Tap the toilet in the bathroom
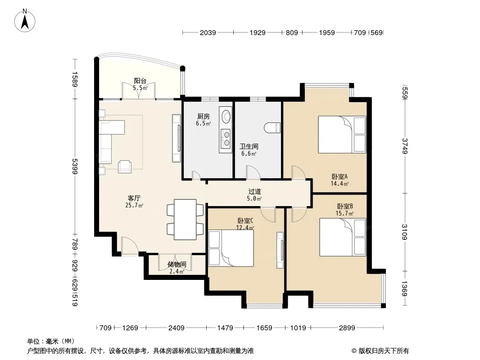click(x=272, y=128)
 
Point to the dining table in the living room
click(x=185, y=219)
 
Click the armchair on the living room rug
click(x=125, y=166)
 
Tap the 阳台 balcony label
click(x=140, y=81)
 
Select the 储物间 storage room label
click(x=177, y=264)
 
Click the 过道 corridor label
click(x=254, y=191)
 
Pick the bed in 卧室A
click(x=342, y=134)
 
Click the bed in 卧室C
click(x=231, y=248)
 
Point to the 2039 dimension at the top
click(x=208, y=32)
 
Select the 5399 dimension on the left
click(x=74, y=166)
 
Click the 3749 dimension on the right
click(x=405, y=146)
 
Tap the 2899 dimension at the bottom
click(x=347, y=328)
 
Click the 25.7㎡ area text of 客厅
click(x=134, y=205)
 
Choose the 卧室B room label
click(x=345, y=206)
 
